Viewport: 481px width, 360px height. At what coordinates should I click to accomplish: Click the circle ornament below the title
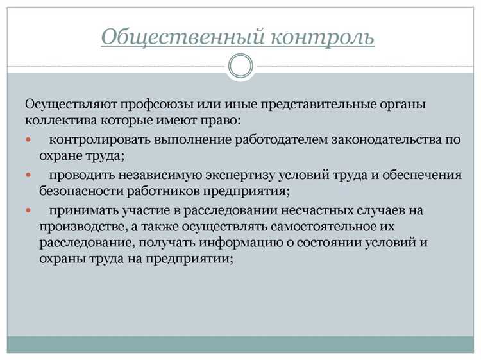tap(240, 66)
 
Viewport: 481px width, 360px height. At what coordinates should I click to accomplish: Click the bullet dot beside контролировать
tap(28, 139)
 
